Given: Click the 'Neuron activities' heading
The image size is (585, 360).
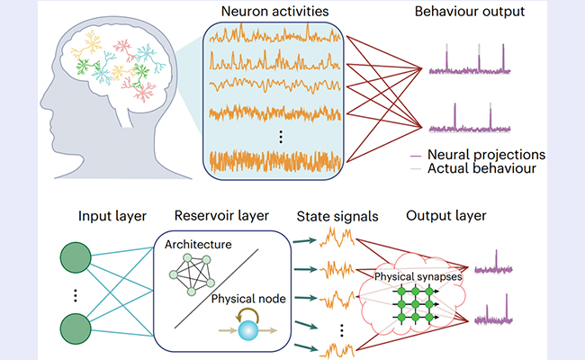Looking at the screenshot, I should tap(274, 13).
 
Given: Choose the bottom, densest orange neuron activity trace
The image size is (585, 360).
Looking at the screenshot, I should tap(274, 162).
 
